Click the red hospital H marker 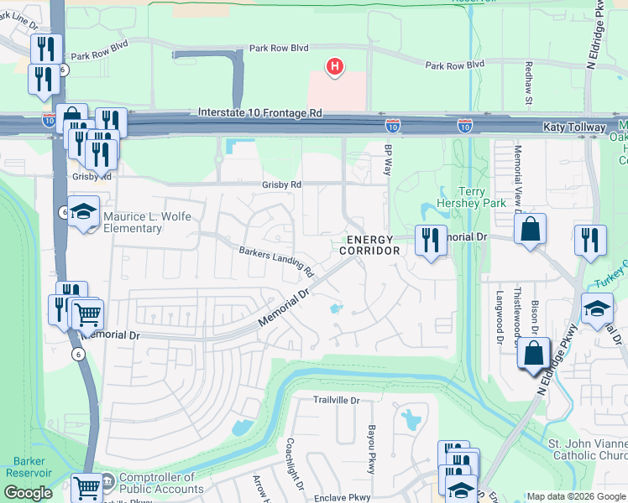(x=335, y=66)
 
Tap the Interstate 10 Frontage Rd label (x=260, y=111)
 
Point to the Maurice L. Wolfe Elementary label (x=147, y=222)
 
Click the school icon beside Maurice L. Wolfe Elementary (x=84, y=213)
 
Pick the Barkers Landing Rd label (x=275, y=262)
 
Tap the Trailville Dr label (x=336, y=401)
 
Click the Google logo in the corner (x=29, y=492)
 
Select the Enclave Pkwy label (x=342, y=498)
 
